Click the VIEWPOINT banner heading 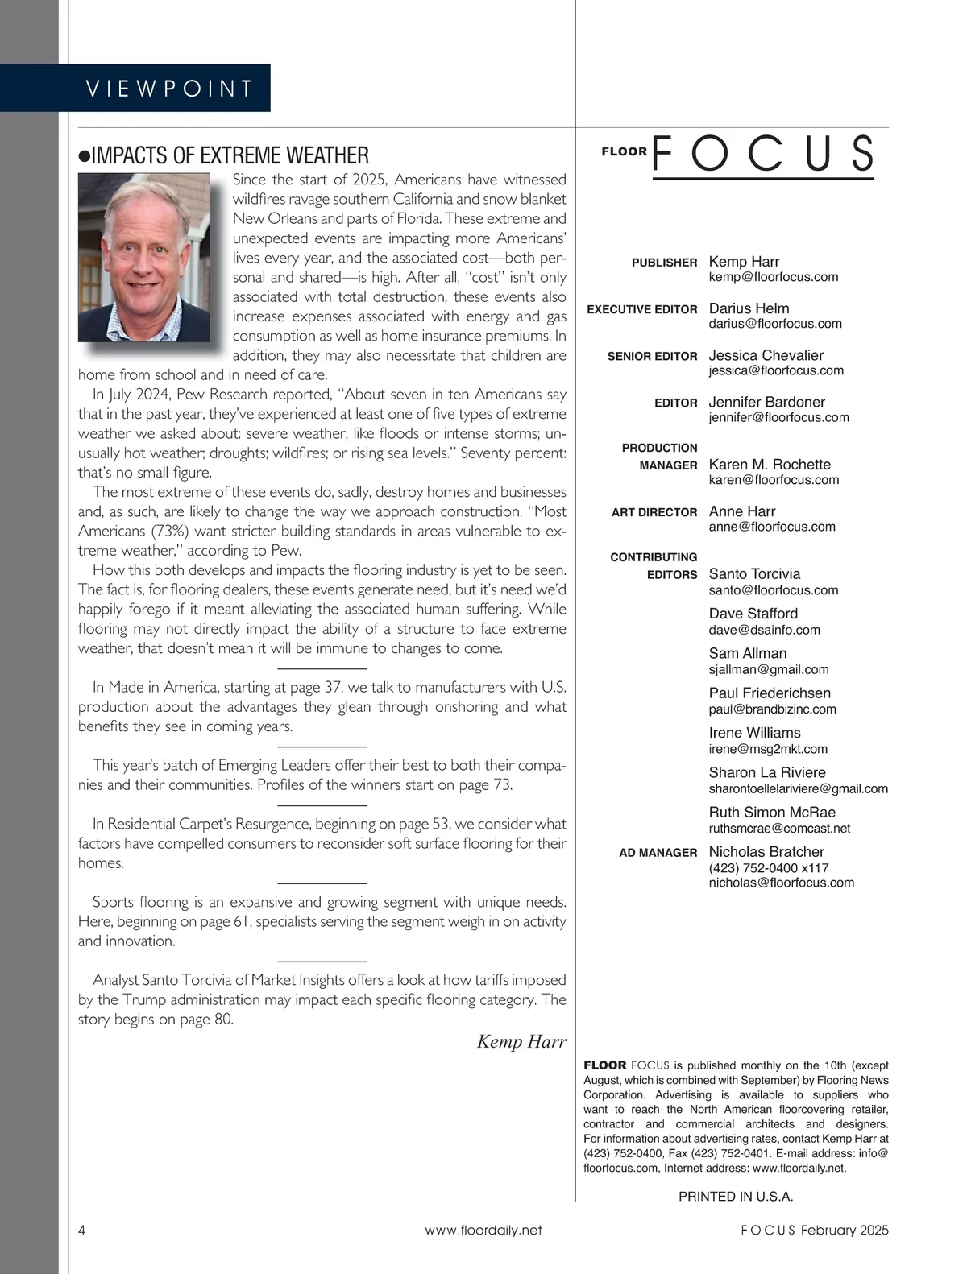169,88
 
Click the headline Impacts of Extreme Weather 230,155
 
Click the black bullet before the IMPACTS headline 84,156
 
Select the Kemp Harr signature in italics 521,1041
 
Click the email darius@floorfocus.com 774,324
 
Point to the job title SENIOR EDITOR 652,356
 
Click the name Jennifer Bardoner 766,402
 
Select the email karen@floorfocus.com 774,480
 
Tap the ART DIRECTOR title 654,512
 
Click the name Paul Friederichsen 770,693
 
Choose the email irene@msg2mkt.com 768,749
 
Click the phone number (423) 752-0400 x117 768,868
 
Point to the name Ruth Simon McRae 772,813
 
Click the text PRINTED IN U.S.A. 736,1197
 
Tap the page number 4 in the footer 82,1230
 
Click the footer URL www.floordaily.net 483,1230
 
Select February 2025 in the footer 845,1230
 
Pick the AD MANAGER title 658,853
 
